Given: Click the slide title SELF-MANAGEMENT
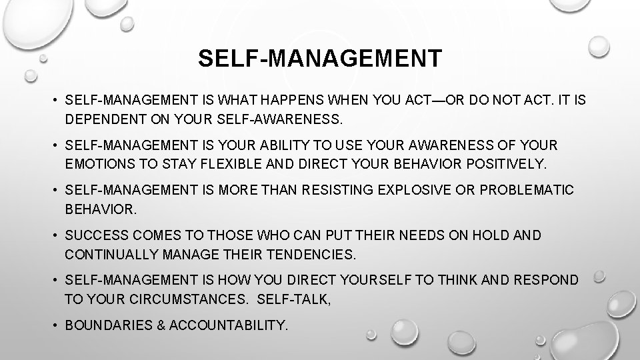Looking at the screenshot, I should pos(319,59).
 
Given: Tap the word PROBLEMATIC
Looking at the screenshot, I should pos(526,191).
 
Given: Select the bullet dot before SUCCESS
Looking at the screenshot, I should pos(55,235).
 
